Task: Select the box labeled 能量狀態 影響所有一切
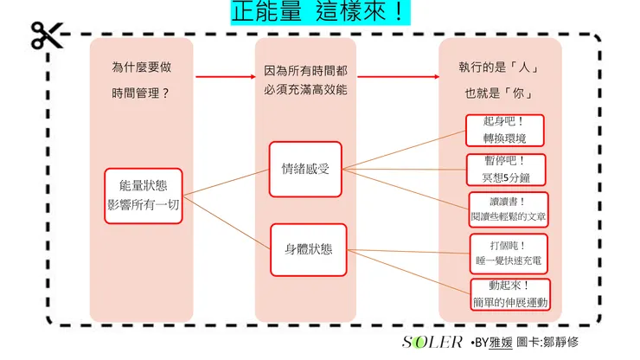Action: click(143, 196)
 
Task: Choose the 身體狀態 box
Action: click(308, 248)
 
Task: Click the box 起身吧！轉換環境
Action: click(503, 130)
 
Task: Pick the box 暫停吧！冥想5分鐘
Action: click(503, 170)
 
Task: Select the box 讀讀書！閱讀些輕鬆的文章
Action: click(509, 209)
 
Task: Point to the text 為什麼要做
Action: click(142, 67)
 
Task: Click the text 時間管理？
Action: click(142, 93)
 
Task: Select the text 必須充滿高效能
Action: click(305, 91)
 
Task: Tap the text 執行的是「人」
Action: click(500, 67)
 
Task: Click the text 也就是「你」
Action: click(500, 93)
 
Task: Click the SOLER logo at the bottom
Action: click(432, 342)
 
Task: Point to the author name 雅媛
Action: click(502, 343)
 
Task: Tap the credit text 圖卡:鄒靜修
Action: click(548, 343)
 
